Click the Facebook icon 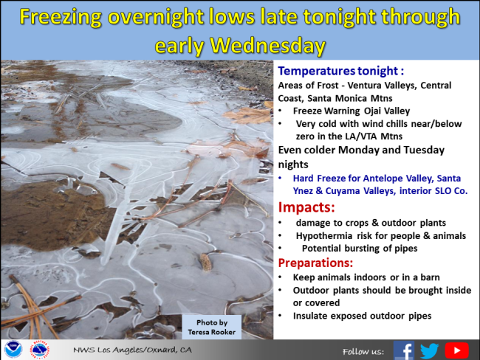click(404, 350)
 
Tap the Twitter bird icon click(430, 350)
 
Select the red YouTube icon click(456, 350)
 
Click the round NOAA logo click(13, 349)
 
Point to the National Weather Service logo click(40, 349)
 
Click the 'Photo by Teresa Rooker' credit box click(211, 327)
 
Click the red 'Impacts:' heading click(306, 207)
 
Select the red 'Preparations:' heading click(315, 263)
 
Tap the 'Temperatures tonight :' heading click(340, 71)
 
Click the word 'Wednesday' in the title click(267, 46)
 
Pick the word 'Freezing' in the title click(61, 17)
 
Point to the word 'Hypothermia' click(324, 236)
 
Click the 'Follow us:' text click(363, 352)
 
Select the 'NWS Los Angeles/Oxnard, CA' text click(132, 350)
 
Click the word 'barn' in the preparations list click(430, 277)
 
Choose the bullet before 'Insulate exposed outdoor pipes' click(280, 316)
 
